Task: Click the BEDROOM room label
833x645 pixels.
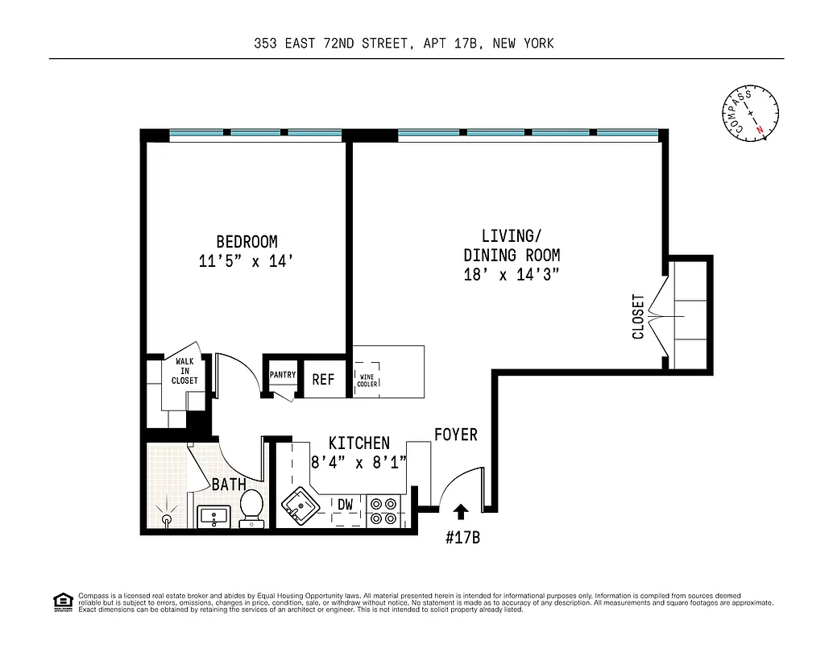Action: coord(247,241)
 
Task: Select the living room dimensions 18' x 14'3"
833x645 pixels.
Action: coord(512,275)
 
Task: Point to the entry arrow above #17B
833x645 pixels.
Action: coord(461,511)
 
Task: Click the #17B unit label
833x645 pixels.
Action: coord(462,538)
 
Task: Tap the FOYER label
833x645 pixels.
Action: coord(456,435)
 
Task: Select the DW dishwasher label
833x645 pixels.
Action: coord(346,505)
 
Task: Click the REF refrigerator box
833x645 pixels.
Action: coord(323,379)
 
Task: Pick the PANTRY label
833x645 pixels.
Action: coord(283,375)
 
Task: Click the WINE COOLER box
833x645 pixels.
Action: coord(368,380)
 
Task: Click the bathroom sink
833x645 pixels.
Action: coord(214,516)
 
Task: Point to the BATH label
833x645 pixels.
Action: coord(229,485)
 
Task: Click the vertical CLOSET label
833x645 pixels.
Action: coord(638,316)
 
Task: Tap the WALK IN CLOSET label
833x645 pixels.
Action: coord(184,372)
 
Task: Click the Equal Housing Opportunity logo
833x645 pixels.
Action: coord(61,601)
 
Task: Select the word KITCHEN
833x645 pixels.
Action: coord(359,443)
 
